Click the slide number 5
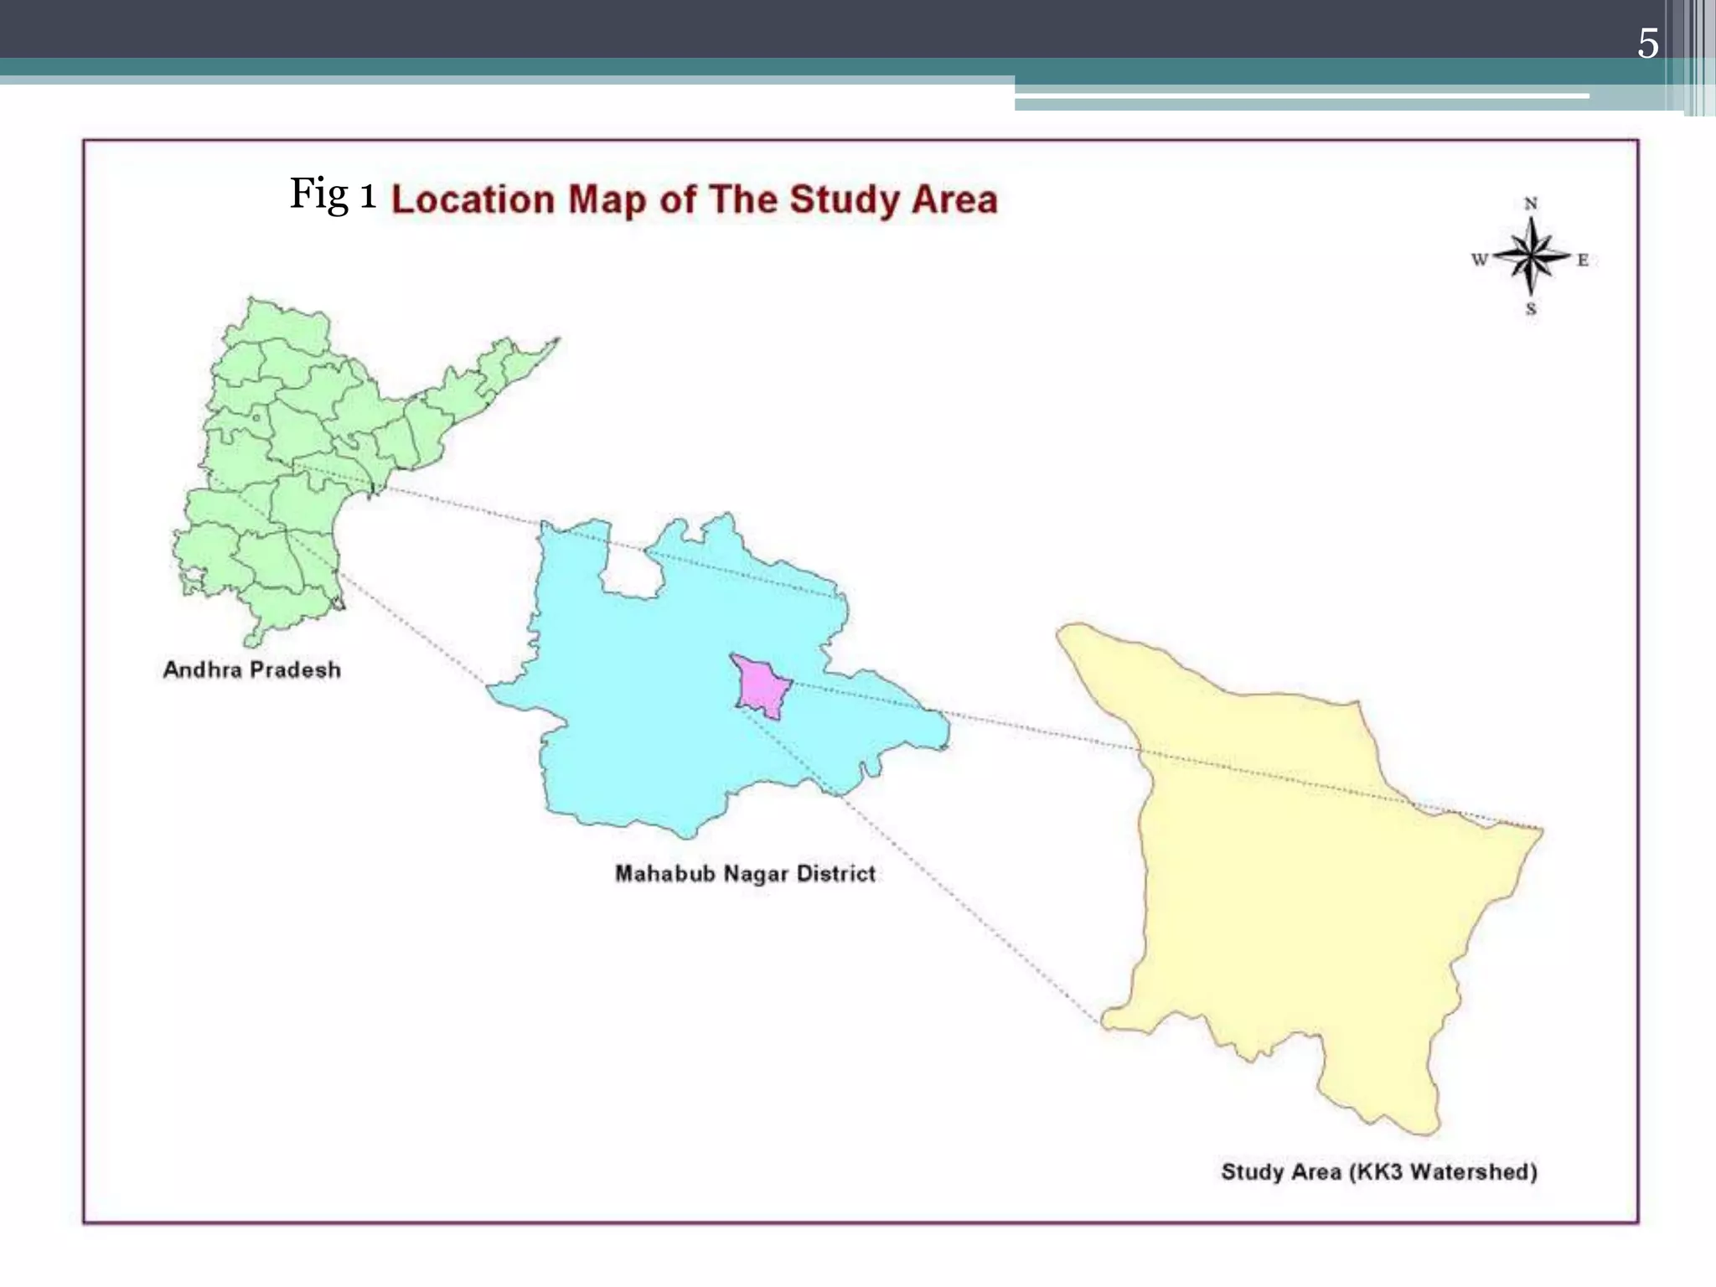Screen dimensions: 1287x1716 coord(1647,44)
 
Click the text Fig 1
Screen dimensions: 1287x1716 coord(333,194)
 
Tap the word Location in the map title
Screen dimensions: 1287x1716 coord(473,200)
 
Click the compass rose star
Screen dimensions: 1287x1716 coord(1531,256)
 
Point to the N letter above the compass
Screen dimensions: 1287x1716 coord(1531,204)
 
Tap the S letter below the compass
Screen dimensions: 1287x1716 coord(1531,309)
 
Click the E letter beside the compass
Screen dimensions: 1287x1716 coord(1583,260)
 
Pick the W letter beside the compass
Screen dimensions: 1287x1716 coord(1479,260)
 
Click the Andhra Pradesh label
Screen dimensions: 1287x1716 coord(251,669)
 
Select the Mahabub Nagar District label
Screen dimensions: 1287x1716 coord(745,874)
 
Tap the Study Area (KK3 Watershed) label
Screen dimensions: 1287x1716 coord(1378,1171)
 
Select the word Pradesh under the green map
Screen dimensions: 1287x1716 coord(295,669)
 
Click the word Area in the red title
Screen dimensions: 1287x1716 coord(954,200)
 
